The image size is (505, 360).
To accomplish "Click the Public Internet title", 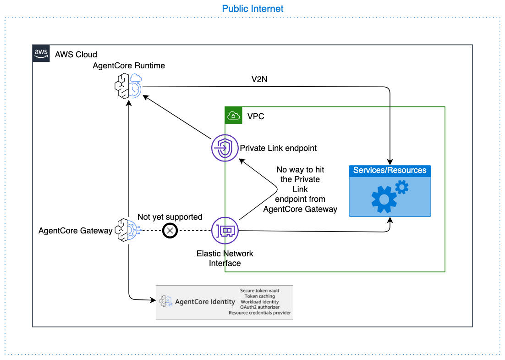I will point(252,9).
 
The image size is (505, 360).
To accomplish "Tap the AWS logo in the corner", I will point(41,54).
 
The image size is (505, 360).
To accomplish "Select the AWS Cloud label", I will point(76,55).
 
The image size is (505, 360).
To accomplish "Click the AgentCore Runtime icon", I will point(128,86).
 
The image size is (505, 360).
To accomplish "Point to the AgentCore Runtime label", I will point(129,66).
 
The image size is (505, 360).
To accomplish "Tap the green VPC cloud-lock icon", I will point(233,116).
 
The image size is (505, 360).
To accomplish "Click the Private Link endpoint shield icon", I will point(224,149).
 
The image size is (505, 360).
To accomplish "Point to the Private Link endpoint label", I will point(278,149).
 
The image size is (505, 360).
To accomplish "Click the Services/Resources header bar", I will point(390,171).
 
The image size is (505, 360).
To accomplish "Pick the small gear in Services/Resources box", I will point(401,187).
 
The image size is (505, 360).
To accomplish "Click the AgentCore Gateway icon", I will point(126,230).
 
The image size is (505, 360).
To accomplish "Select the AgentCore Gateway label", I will point(76,231).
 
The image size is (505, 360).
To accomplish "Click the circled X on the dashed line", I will point(170,230).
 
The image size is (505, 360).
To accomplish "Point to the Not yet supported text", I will point(170,217).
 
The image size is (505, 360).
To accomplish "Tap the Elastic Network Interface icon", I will point(225,231).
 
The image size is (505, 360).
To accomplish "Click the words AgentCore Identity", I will point(205,302).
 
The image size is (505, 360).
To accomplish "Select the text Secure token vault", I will point(259,291).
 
